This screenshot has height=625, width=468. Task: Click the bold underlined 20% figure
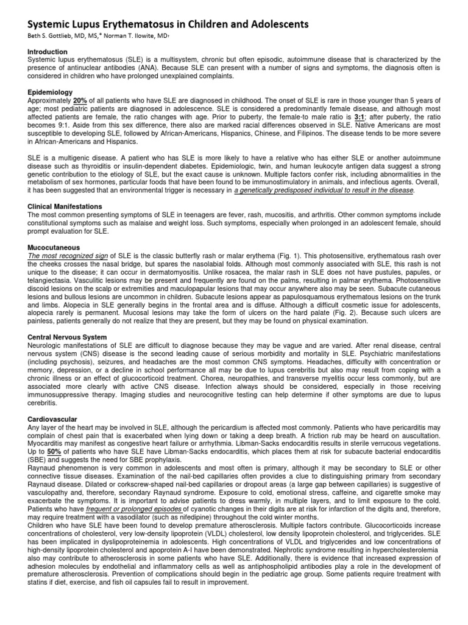80,99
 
